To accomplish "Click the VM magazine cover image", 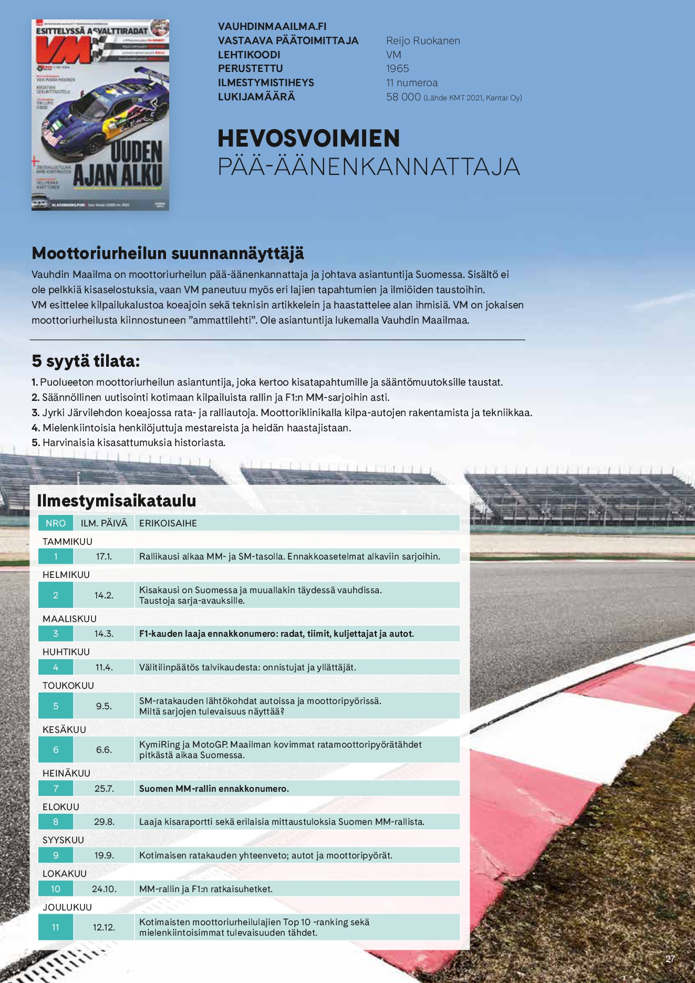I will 100,115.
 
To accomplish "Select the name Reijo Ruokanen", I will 423,41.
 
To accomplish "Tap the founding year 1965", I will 397,69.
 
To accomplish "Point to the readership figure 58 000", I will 403,97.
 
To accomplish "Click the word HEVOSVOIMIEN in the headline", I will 309,139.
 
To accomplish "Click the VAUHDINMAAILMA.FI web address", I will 272,26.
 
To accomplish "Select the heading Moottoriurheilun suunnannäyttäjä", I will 168,253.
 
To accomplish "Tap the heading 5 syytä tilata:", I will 86,361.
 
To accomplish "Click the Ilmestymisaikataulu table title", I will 117,501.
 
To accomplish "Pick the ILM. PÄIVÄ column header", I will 104,523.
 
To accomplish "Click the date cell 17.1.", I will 104,556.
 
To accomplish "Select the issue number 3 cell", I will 56,634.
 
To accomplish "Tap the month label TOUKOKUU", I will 68,686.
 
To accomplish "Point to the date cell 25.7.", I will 104,789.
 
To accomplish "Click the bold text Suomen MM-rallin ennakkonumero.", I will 214,789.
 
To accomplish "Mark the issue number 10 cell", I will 56,889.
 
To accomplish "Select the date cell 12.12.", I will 104,927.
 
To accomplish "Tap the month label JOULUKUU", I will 67,907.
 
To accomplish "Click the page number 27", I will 670,959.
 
